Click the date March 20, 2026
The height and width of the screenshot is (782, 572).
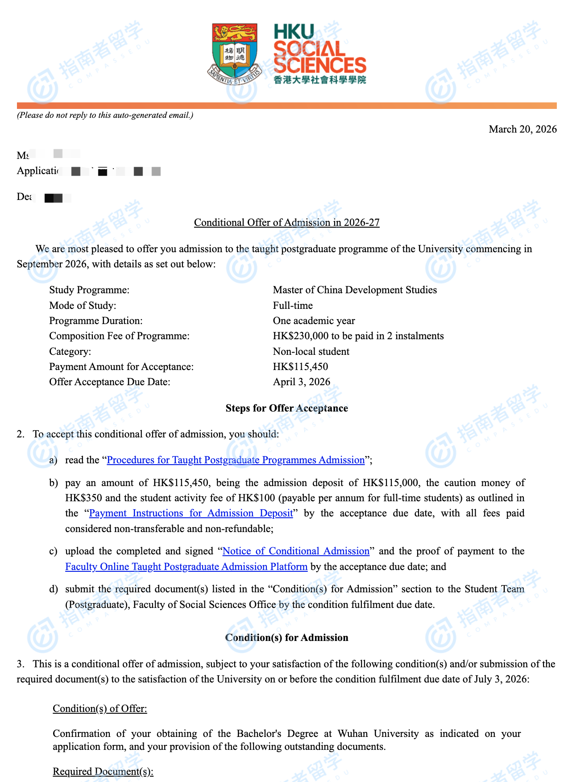tap(522, 129)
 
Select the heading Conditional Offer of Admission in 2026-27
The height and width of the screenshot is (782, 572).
tap(286, 223)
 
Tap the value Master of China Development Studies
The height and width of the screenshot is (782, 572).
tap(355, 290)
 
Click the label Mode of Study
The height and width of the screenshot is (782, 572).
tap(83, 306)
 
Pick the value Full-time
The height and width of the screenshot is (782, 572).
tap(293, 306)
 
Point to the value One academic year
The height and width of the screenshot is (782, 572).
tap(314, 321)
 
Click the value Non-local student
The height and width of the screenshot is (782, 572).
tap(311, 352)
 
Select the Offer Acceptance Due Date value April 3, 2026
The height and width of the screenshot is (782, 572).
tap(302, 382)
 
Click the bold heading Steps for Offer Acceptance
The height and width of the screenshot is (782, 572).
tap(286, 408)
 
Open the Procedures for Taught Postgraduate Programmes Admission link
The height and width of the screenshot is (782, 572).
tap(236, 460)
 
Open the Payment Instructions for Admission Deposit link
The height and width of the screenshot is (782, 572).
tap(191, 513)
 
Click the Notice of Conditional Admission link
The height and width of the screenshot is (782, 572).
tap(296, 551)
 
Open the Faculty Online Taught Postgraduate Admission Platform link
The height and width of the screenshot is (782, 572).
tap(186, 567)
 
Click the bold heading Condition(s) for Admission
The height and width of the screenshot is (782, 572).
tap(286, 638)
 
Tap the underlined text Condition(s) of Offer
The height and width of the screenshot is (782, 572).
tap(99, 709)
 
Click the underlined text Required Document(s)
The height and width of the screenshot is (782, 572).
tap(103, 772)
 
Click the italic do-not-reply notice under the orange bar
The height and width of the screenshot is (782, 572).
tap(105, 115)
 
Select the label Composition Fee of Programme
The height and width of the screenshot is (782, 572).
tap(119, 336)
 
